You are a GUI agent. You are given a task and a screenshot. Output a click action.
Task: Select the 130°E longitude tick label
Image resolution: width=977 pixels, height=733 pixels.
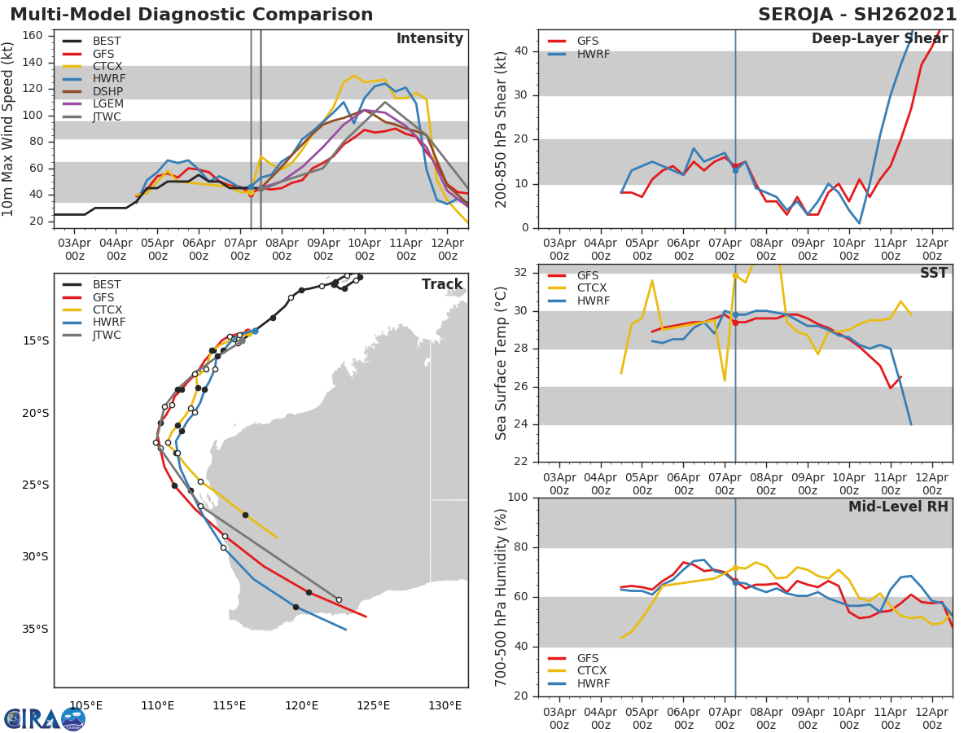(x=445, y=705)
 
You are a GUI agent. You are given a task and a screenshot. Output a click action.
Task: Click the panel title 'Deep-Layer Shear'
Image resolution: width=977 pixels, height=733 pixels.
(x=879, y=39)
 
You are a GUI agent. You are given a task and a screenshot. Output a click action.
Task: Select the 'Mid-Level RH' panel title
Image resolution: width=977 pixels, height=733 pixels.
(x=898, y=507)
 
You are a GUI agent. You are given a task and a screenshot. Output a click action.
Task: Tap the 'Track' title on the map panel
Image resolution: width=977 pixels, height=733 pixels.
(x=441, y=284)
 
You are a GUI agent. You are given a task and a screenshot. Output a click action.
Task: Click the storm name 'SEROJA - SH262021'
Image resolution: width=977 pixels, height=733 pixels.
(x=857, y=15)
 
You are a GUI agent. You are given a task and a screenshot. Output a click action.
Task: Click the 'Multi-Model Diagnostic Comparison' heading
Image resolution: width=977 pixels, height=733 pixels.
(x=191, y=15)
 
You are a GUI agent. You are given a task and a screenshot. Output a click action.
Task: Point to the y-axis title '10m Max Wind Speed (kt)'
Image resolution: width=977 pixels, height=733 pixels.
(x=9, y=129)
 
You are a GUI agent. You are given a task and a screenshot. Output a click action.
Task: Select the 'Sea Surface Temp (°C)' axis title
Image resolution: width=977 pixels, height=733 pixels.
(x=502, y=363)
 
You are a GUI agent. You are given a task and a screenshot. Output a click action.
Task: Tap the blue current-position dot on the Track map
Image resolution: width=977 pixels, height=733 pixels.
(x=255, y=331)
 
